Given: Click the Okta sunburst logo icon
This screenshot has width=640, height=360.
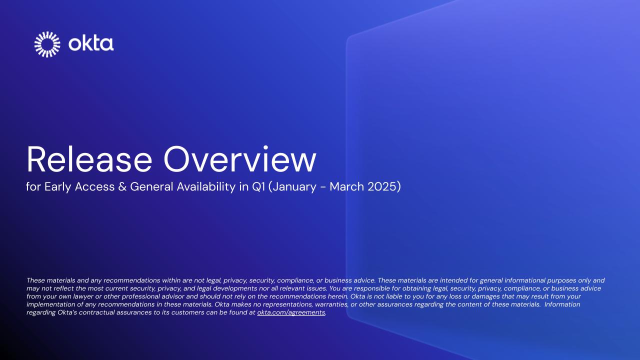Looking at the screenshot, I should (47, 44).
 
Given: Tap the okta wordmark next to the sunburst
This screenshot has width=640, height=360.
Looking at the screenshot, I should (91, 44).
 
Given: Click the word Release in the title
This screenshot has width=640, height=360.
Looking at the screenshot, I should (88, 160).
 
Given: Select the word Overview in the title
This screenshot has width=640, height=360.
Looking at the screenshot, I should (240, 160).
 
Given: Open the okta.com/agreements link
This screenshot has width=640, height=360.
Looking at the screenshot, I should (291, 312).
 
